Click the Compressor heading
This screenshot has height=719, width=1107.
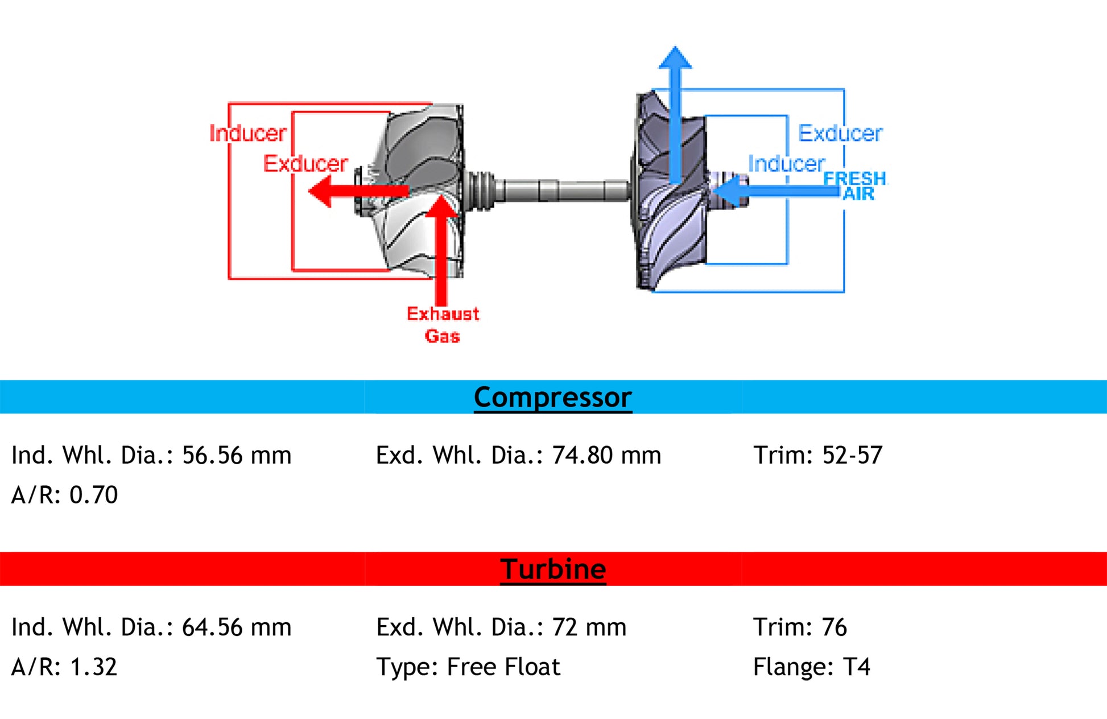coord(552,397)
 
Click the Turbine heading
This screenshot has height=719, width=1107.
coord(553,569)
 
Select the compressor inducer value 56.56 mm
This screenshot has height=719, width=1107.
coord(236,455)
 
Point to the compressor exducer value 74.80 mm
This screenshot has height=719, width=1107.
coord(606,455)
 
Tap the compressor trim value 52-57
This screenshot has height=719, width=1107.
coord(852,455)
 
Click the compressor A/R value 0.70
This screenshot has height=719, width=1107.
coord(93,495)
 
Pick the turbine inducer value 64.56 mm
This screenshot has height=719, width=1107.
coord(236,627)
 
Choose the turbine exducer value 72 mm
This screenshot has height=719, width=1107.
coord(589,627)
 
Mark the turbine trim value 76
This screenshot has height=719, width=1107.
coord(834,627)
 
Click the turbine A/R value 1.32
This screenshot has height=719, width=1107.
coord(93,667)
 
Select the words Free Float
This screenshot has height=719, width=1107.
coord(503,667)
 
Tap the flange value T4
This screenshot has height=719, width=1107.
coord(857,667)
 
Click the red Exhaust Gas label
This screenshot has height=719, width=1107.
coord(443,325)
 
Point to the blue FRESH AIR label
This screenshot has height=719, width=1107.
coord(856,186)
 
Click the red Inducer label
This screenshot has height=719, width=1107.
coord(247,133)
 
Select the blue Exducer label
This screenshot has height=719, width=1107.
coord(840,133)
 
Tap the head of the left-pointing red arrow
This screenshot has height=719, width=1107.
coord(320,191)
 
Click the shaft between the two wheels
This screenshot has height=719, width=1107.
coord(560,191)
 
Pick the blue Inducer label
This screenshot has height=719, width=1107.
coord(786,164)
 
